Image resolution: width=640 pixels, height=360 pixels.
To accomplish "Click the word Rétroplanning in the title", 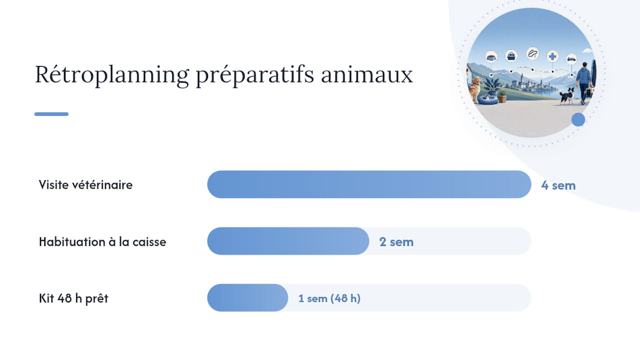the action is click(x=112, y=75).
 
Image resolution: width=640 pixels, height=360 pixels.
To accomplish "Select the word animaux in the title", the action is click(x=367, y=74).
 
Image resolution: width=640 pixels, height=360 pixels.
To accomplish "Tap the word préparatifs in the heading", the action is click(x=255, y=75).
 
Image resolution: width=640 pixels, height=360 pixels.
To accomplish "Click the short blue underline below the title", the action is click(x=51, y=114).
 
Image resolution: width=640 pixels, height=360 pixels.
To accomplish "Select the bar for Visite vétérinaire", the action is click(x=369, y=184).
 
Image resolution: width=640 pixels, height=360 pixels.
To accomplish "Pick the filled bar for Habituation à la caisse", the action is click(x=288, y=241).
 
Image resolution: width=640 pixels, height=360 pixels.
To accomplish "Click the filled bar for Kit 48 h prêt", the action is click(x=247, y=297).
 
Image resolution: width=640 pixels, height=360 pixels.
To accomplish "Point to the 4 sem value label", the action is click(x=558, y=185).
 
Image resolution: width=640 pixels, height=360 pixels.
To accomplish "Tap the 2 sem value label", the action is click(x=396, y=242).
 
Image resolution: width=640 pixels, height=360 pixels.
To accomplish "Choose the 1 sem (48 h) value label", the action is click(x=329, y=298).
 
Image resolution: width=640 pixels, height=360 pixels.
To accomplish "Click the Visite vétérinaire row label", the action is click(x=85, y=185).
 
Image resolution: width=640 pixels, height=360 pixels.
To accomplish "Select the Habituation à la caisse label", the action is click(x=102, y=241).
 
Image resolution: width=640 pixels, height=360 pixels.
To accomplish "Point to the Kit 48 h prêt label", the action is click(x=73, y=298).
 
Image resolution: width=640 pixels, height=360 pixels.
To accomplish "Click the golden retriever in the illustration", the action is click(x=474, y=89).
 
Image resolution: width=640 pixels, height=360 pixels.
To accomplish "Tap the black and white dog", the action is click(x=567, y=95).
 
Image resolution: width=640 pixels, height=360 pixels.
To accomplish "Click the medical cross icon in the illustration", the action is click(x=552, y=56).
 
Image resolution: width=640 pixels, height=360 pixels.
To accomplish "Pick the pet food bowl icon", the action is click(x=491, y=56).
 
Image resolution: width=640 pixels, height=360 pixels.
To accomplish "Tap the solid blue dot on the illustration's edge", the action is click(x=578, y=119).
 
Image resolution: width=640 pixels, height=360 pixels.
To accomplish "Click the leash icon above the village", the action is click(x=532, y=53).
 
